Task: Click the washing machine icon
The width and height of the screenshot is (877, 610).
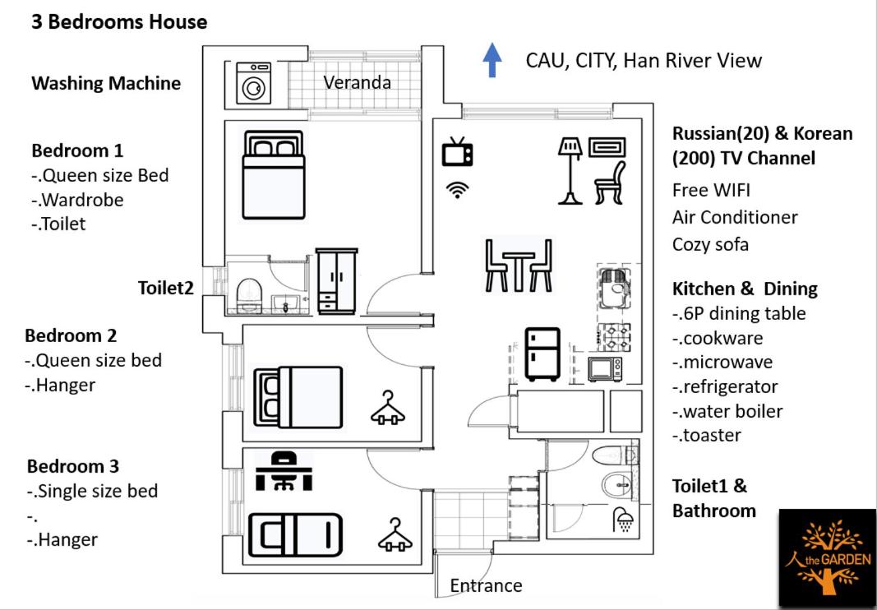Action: click(x=253, y=82)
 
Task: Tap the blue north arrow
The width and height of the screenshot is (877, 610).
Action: click(x=492, y=60)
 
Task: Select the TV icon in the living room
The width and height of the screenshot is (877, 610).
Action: click(x=458, y=152)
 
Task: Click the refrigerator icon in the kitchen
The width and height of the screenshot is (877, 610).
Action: click(x=542, y=354)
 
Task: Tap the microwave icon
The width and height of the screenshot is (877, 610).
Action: click(x=605, y=367)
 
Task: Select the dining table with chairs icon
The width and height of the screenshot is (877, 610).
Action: click(x=519, y=264)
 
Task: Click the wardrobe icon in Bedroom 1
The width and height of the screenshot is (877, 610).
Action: click(x=337, y=280)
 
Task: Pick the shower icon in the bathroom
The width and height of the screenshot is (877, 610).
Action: click(x=622, y=519)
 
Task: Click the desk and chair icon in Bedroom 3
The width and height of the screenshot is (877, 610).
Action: click(x=284, y=470)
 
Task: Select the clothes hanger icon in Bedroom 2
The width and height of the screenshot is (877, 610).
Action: click(x=388, y=407)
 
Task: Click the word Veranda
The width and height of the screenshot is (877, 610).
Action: click(x=357, y=82)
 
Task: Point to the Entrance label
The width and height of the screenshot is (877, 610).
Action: click(x=486, y=585)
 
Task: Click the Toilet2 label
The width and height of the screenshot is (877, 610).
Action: click(x=166, y=288)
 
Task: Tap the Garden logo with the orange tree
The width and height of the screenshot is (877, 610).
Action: click(x=826, y=557)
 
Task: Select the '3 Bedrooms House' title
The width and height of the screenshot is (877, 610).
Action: click(x=119, y=22)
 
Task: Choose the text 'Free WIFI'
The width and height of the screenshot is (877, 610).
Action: click(x=711, y=191)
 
